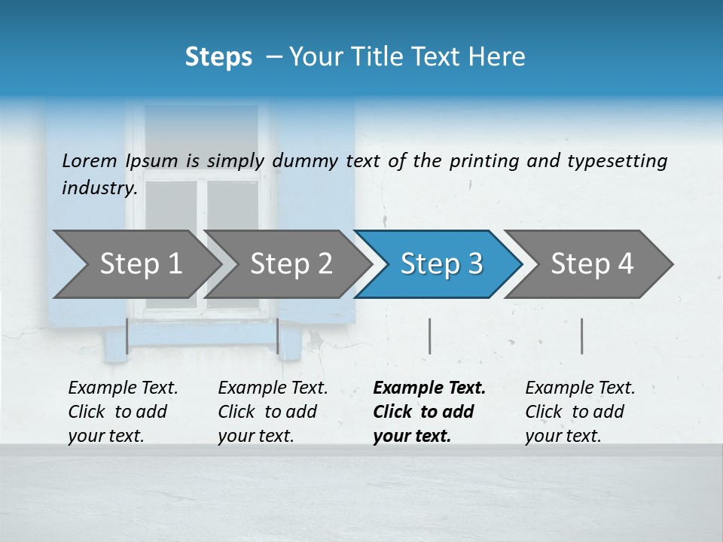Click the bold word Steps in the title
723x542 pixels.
[x=218, y=57]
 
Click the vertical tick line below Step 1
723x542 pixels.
[x=127, y=336]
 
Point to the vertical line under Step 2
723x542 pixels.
[x=278, y=336]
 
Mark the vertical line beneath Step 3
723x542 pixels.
[x=429, y=336]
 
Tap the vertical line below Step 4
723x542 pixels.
[x=581, y=336]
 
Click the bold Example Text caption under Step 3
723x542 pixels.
[x=429, y=411]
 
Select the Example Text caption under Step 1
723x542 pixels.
[x=123, y=411]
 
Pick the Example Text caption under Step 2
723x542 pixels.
[x=273, y=411]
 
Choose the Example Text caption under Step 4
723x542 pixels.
[x=580, y=411]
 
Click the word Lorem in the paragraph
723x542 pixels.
[x=90, y=160]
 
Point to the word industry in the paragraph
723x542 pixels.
[x=99, y=187]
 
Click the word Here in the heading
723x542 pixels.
[x=500, y=57]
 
